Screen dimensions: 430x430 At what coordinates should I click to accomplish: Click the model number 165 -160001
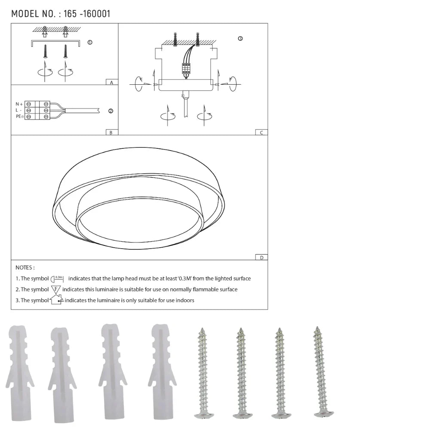[x=86, y=14]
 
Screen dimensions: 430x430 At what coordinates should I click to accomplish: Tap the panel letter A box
[x=111, y=82]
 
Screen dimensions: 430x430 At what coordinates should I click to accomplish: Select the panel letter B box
[x=111, y=132]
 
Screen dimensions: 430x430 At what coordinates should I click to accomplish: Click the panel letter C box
[x=261, y=132]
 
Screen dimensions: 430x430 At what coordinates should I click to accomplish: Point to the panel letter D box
[x=261, y=257]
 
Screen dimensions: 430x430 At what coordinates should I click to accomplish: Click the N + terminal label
[x=19, y=104]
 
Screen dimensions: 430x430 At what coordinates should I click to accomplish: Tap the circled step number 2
[x=111, y=111]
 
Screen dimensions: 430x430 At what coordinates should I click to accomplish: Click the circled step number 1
[x=89, y=43]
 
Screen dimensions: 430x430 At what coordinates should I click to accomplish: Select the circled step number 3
[x=240, y=38]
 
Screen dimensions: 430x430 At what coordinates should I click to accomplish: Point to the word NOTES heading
[x=25, y=267]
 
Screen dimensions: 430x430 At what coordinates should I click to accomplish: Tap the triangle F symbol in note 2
[x=56, y=289]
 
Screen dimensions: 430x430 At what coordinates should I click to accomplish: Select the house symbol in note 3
[x=56, y=300]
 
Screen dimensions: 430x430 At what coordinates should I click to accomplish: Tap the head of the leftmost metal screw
[x=204, y=415]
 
